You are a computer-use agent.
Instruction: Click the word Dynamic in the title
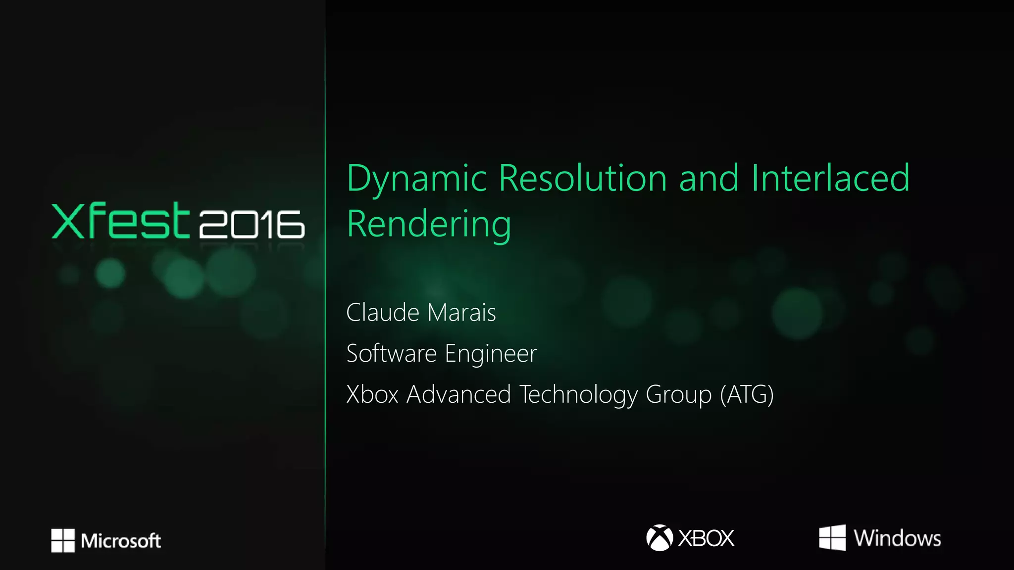416,179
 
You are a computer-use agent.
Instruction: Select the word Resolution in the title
582,179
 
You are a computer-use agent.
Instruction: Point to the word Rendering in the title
429,225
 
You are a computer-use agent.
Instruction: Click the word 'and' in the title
709,179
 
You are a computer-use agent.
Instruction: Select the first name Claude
383,313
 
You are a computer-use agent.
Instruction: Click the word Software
391,354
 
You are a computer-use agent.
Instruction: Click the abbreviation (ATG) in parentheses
747,395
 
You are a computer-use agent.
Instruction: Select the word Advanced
458,395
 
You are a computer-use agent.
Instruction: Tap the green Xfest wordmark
120,221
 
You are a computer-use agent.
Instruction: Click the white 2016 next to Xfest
252,224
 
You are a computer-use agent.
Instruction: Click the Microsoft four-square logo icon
63,540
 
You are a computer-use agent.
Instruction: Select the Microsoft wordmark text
121,541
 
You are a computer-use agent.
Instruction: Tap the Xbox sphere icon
659,538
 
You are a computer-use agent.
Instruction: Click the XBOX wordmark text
706,538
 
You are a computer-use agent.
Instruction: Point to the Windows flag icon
832,538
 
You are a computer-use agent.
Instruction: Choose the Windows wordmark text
897,538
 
